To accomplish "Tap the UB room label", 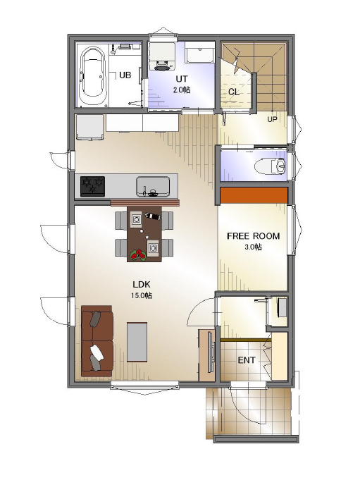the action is pyautogui.click(x=125, y=75).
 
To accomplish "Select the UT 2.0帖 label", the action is pyautogui.click(x=182, y=84).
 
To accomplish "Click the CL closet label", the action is pyautogui.click(x=234, y=92).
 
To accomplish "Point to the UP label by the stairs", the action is pyautogui.click(x=272, y=119).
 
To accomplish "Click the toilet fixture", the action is pyautogui.click(x=271, y=166).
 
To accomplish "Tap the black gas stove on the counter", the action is pyautogui.click(x=92, y=186).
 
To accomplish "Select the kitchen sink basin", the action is pyautogui.click(x=153, y=187).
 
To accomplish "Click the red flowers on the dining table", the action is pyautogui.click(x=138, y=254).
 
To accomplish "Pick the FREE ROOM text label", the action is pyautogui.click(x=253, y=236).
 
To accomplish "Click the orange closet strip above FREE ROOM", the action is pyautogui.click(x=254, y=195).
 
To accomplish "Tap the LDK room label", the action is pyautogui.click(x=142, y=284).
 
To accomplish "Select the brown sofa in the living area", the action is pyautogui.click(x=97, y=340).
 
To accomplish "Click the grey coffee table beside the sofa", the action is pyautogui.click(x=137, y=342).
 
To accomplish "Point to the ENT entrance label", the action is pyautogui.click(x=247, y=360).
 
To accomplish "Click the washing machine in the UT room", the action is pyautogui.click(x=162, y=56).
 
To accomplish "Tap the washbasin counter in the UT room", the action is pyautogui.click(x=200, y=56).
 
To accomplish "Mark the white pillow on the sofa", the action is pyautogui.click(x=97, y=352).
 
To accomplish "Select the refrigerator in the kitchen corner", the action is pyautogui.click(x=89, y=128).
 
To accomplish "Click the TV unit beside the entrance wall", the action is pyautogui.click(x=207, y=355).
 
